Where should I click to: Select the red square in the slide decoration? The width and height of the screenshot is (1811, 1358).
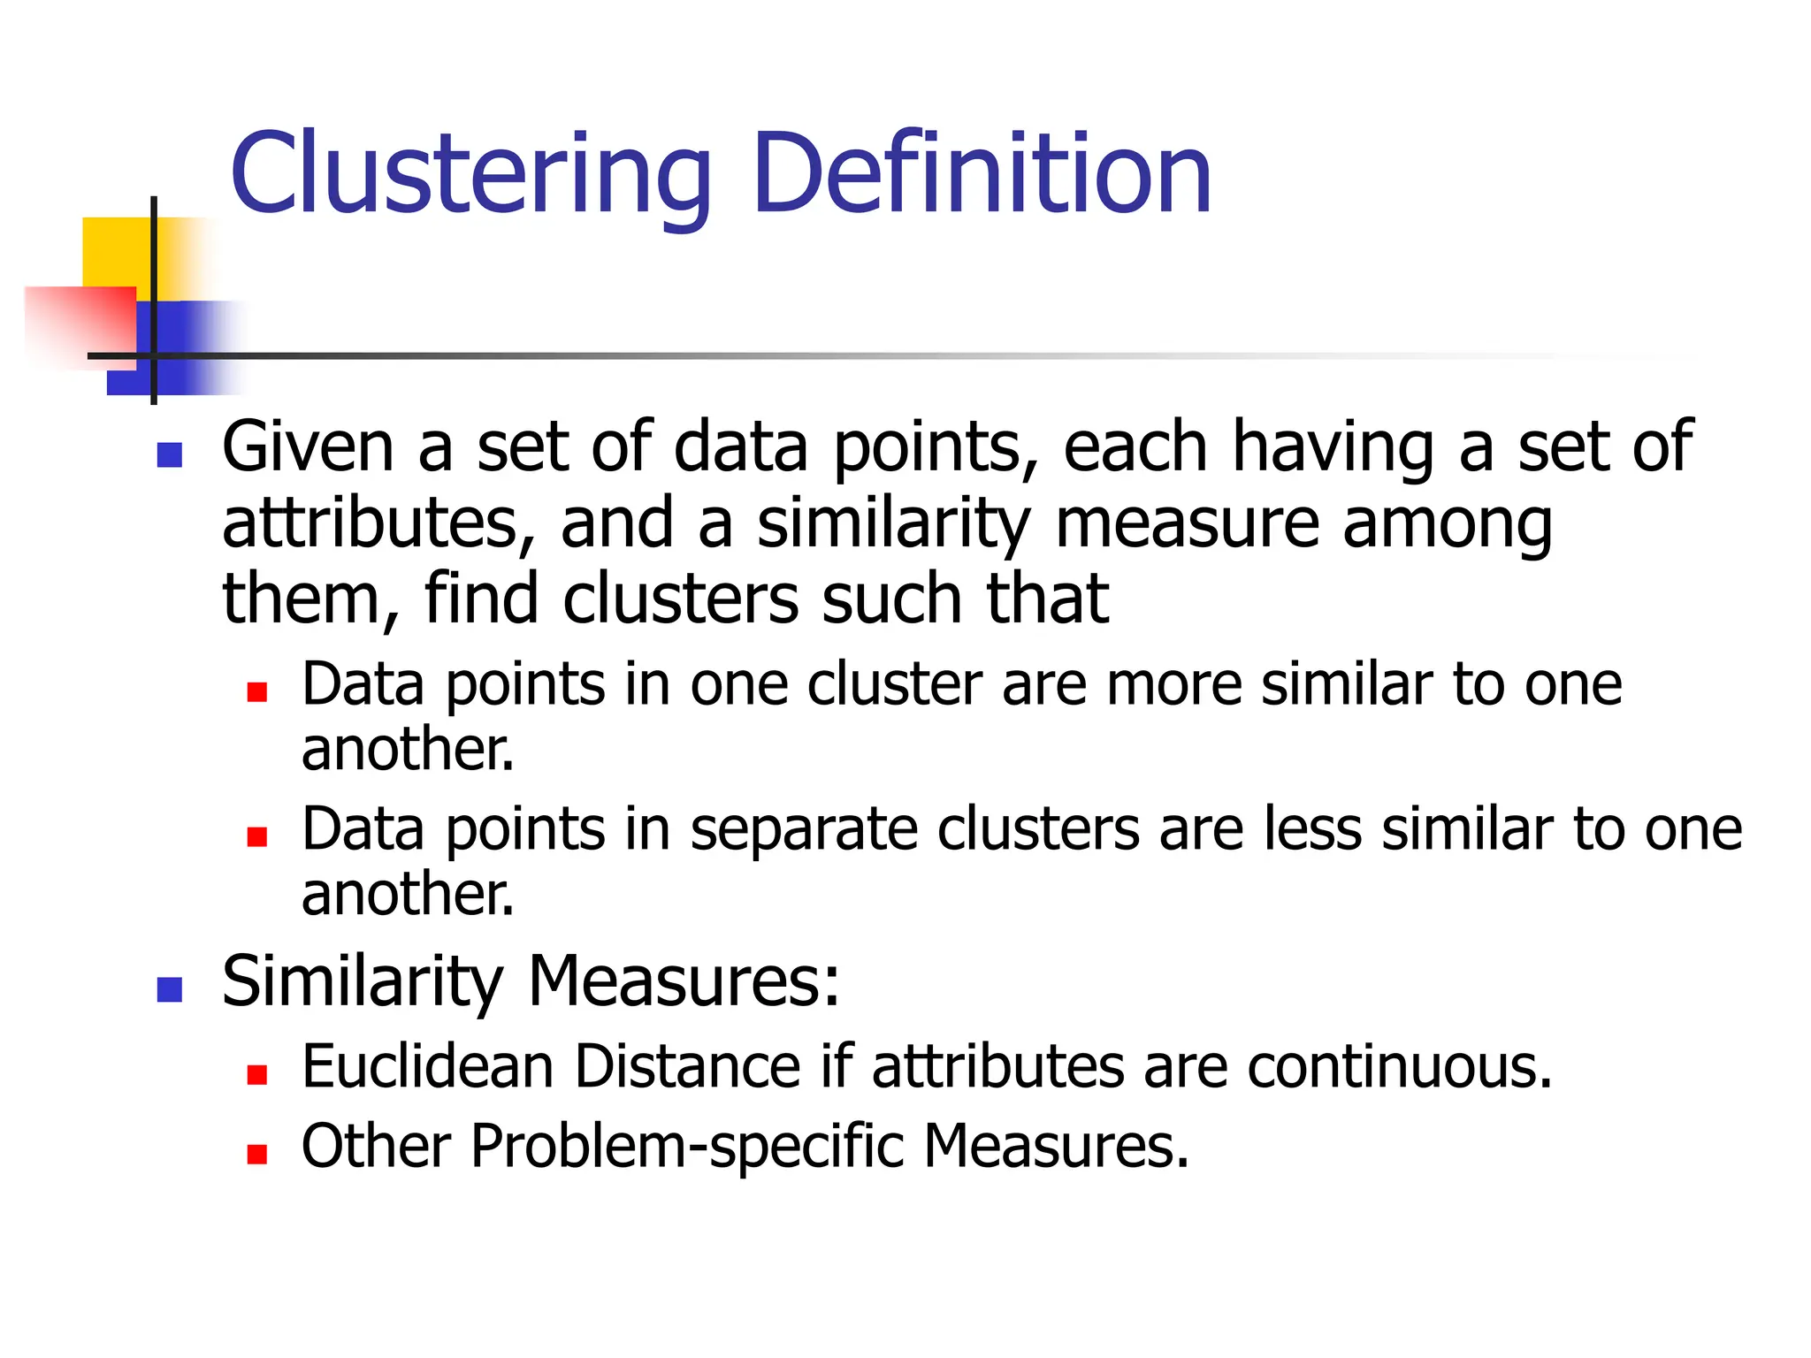80,327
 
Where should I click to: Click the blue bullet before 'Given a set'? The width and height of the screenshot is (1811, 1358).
169,454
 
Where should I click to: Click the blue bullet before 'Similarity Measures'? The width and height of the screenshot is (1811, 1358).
169,989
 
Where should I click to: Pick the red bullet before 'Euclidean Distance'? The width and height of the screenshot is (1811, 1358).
257,1073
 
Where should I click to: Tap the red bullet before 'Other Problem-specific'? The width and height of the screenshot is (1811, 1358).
257,1154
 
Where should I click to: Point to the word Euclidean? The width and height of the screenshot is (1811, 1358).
427,1066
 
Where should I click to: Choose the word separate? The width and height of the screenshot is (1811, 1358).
803,830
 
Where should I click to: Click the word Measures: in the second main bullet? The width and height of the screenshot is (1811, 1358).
684,981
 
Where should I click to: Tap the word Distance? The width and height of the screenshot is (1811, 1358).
688,1066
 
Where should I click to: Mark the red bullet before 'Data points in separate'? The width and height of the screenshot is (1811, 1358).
257,836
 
